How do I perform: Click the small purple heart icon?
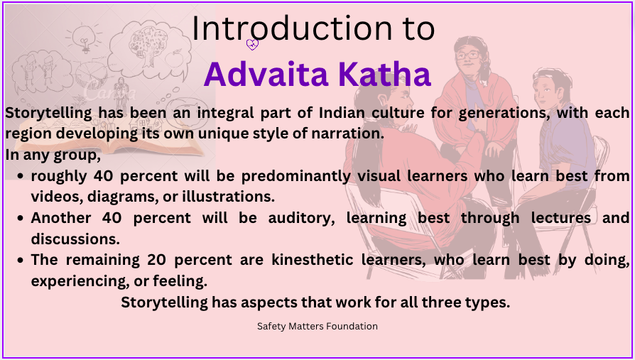(252, 45)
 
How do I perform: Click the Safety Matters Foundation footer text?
(317, 326)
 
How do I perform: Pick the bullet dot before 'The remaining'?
(21, 261)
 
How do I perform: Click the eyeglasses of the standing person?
(467, 55)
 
